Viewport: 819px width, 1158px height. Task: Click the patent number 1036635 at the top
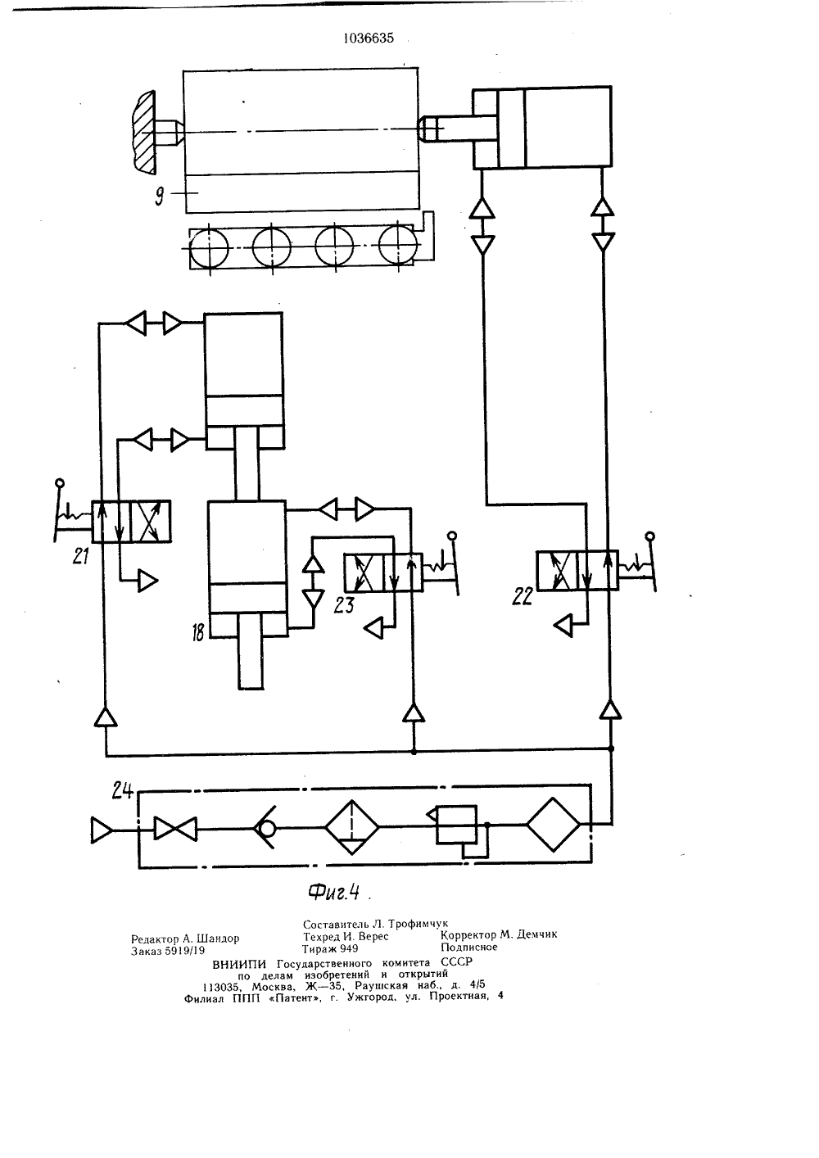(x=369, y=38)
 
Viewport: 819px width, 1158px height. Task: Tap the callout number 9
(x=160, y=197)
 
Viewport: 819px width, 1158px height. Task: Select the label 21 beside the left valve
(x=80, y=556)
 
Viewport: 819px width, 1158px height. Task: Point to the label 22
(x=523, y=596)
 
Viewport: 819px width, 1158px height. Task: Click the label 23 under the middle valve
(x=344, y=605)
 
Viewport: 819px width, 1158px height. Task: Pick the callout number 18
(x=198, y=632)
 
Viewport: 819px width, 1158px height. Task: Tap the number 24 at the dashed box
(x=123, y=790)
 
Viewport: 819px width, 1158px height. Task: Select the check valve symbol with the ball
(x=265, y=827)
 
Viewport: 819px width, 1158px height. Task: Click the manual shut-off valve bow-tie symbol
(x=176, y=829)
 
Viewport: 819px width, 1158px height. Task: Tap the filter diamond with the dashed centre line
(x=351, y=827)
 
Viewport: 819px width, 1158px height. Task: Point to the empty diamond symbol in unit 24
(x=554, y=825)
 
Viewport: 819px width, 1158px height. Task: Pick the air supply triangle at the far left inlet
(x=102, y=830)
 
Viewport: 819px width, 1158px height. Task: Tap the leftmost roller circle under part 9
(x=209, y=248)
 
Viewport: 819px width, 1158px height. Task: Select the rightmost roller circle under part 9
(x=397, y=244)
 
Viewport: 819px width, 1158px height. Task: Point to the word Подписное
(x=469, y=947)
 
